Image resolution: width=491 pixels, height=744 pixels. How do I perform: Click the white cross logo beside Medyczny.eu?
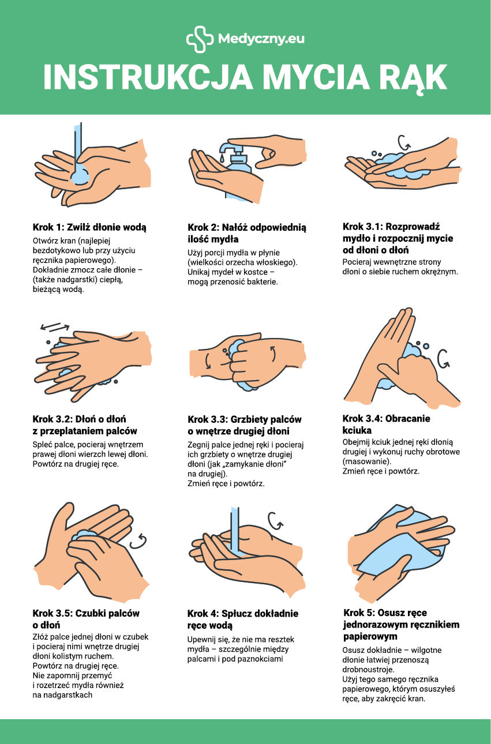tap(200, 39)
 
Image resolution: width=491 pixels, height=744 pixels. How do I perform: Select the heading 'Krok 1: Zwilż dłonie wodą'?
tap(89, 227)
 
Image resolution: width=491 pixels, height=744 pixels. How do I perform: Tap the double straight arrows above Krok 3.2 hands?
tap(55, 327)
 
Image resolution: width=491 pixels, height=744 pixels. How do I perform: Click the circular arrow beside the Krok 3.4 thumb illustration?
tap(444, 359)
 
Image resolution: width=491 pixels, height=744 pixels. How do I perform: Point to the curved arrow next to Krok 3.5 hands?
tap(138, 542)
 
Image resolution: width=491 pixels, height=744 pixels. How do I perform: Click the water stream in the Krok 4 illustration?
tap(235, 531)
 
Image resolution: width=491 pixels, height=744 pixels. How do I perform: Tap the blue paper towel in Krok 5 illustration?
tap(399, 551)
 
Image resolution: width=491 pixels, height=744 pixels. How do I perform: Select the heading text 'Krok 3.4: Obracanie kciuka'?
tap(387, 424)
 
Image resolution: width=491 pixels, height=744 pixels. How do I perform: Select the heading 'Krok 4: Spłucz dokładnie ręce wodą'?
tap(243, 620)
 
